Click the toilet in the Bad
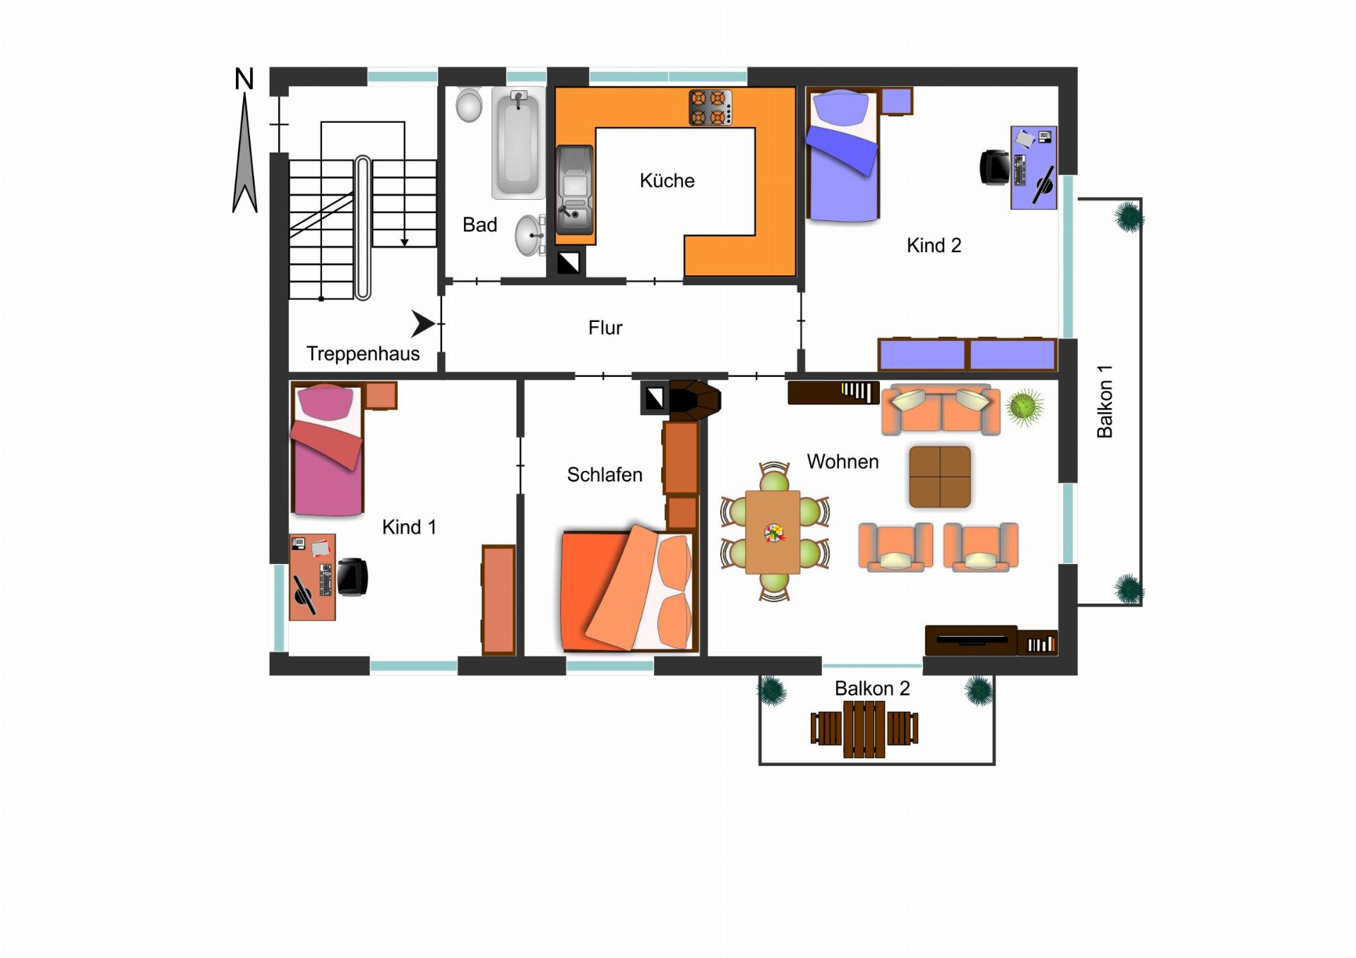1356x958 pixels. [469, 104]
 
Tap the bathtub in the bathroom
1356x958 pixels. [518, 143]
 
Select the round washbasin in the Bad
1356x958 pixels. [529, 235]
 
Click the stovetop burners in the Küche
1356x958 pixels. [710, 107]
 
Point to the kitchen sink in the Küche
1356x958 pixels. [575, 190]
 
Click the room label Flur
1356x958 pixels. [605, 328]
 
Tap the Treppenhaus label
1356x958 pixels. [363, 354]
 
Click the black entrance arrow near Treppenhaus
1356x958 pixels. [423, 323]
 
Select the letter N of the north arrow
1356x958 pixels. [244, 79]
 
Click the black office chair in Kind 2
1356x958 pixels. [995, 168]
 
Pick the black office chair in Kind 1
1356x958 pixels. [352, 577]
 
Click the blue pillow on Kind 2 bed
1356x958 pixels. [840, 108]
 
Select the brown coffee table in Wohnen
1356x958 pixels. [940, 477]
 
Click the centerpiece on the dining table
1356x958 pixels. [774, 533]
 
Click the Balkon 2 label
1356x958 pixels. [872, 688]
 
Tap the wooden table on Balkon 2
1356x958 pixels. [864, 729]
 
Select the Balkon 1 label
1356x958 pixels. [1105, 401]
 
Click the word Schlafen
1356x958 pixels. [605, 474]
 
